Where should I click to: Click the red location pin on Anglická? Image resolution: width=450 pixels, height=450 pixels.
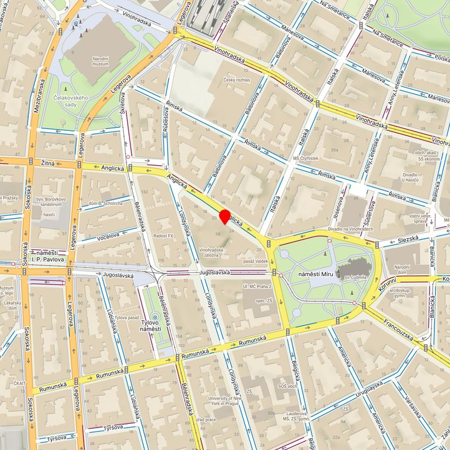pyautogui.click(x=224, y=217)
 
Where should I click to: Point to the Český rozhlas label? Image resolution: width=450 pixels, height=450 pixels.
pyautogui.click(x=237, y=80)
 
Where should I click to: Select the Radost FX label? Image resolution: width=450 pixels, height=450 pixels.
pyautogui.click(x=163, y=236)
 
